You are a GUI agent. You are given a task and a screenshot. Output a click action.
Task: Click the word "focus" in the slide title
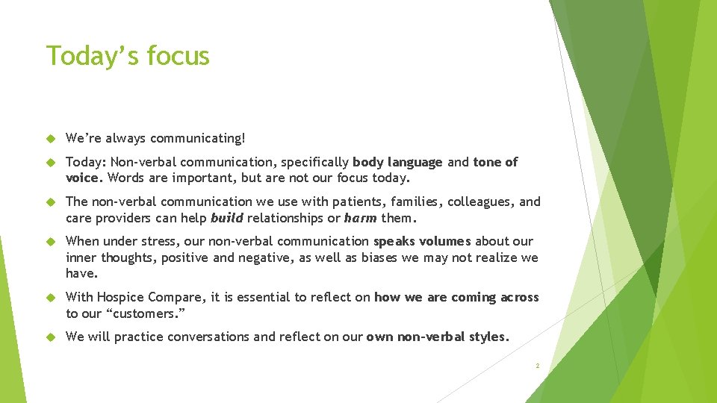[178, 56]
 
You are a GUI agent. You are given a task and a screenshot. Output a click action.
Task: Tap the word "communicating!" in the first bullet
[198, 138]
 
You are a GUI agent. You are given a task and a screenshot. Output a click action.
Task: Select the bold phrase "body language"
[397, 162]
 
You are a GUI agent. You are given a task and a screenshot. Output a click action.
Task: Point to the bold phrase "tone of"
[495, 162]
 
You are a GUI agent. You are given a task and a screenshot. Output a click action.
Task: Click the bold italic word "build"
[227, 219]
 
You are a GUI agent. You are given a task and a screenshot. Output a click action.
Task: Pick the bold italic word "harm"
[361, 219]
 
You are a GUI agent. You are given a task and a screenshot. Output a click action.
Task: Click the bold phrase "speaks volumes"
[422, 241]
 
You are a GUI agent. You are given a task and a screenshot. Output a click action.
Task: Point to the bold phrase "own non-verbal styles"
[436, 337]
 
